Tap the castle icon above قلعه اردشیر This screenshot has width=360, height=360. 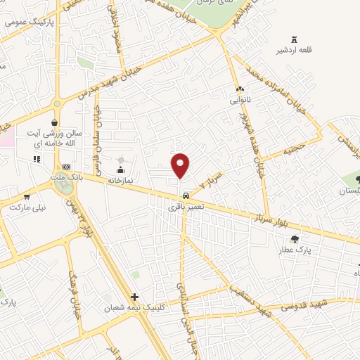(x=294, y=39)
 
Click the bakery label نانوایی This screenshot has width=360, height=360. (x=240, y=100)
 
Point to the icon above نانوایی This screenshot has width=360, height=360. (x=240, y=89)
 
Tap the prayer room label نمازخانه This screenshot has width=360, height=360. (x=120, y=180)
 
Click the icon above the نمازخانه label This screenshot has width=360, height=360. (x=121, y=169)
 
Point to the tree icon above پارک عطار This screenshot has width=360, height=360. (x=295, y=239)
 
